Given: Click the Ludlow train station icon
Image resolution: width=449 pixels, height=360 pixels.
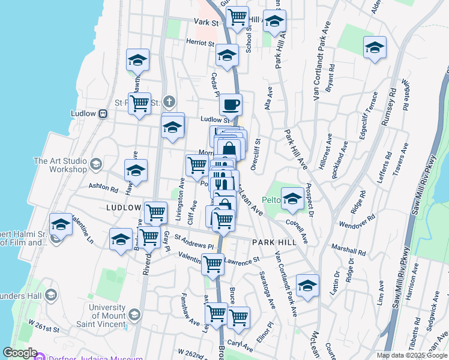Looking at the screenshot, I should pos(103,113).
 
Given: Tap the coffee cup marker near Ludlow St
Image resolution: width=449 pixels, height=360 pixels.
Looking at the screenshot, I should pos(231,106).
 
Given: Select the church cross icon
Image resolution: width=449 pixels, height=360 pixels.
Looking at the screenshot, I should pos(170,101).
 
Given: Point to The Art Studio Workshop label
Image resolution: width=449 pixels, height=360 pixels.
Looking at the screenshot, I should pos(60,165).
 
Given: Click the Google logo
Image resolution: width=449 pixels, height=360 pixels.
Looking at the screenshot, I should pos(20,353).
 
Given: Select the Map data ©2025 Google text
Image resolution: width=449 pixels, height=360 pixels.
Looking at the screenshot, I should pos(412,355).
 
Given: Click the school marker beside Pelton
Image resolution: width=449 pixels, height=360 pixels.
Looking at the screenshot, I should pos(292,199).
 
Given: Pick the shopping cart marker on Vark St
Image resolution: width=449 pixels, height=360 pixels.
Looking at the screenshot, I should pos(238,17).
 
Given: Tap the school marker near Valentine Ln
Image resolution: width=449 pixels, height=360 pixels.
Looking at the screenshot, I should pos(61,226).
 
